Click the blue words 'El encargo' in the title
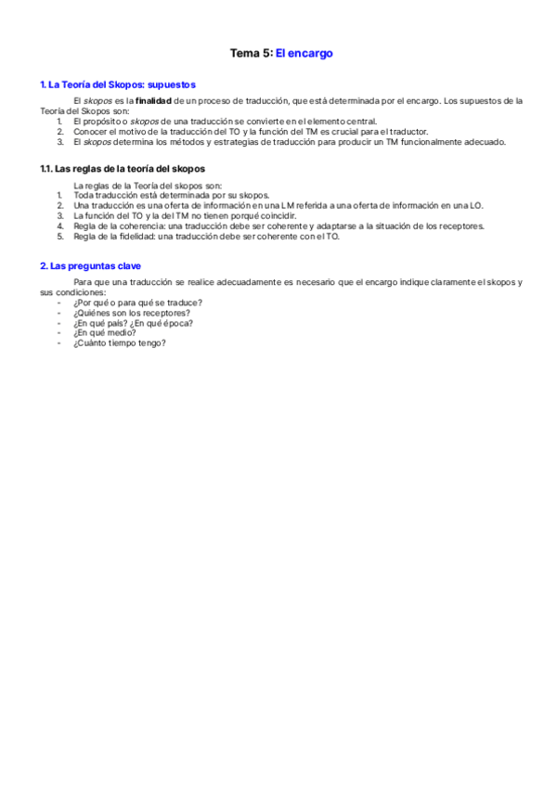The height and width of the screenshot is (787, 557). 304,54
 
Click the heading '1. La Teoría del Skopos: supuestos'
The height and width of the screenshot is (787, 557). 117,84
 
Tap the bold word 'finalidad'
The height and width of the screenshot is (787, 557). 153,100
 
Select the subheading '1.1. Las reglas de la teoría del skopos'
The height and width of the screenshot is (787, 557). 122,169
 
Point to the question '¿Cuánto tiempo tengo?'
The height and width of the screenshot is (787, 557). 119,343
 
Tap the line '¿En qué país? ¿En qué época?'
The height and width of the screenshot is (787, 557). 133,323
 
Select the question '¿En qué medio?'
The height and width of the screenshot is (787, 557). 104,333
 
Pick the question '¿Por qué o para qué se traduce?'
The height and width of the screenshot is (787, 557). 137,303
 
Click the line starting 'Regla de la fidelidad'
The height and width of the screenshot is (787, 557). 206,236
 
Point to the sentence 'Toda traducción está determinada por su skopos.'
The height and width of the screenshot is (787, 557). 171,195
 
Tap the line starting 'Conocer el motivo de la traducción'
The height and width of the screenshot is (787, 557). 251,132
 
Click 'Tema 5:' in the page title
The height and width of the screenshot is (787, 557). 251,54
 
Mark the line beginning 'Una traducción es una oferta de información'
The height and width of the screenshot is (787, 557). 278,205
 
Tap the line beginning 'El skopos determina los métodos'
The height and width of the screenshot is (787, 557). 290,142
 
